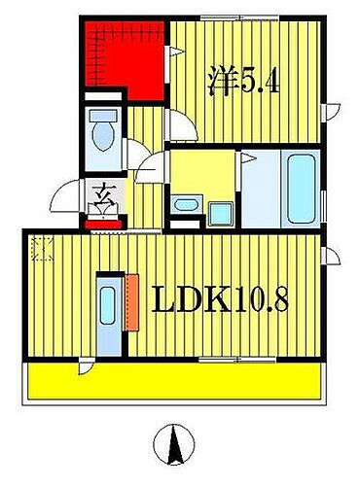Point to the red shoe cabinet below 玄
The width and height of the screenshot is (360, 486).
pos(103,223)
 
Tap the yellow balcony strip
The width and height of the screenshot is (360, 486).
pos(175,381)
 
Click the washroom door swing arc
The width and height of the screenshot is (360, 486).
pos(152,170)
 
